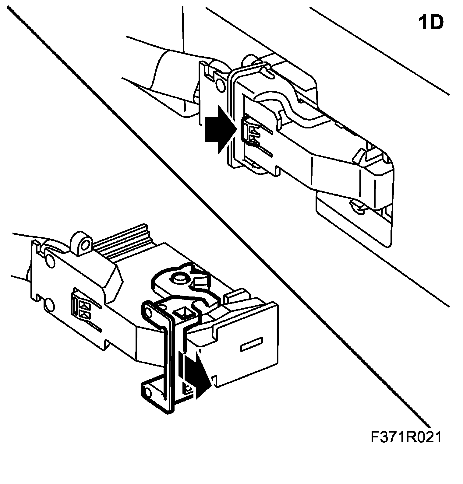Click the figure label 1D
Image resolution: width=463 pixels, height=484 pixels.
coord(431,23)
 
